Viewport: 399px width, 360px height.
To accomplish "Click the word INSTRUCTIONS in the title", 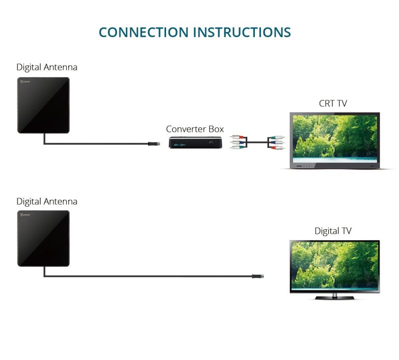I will (x=242, y=32).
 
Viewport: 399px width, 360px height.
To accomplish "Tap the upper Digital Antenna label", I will (x=47, y=67).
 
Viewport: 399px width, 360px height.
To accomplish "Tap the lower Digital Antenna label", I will (x=47, y=202).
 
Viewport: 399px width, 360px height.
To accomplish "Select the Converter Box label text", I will (x=195, y=129).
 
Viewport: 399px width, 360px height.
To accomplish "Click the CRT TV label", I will (x=333, y=104).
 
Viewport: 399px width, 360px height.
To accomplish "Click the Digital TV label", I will (x=333, y=231).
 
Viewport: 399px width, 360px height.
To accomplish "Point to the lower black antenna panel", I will (x=43, y=239).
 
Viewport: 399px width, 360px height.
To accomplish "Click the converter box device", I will (x=195, y=143).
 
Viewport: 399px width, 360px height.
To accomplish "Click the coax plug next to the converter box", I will (x=155, y=144).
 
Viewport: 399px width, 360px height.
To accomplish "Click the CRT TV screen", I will (x=335, y=136).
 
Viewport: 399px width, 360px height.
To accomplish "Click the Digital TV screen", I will (x=335, y=265).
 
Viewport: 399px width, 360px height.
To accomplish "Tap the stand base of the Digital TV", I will (x=335, y=298).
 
